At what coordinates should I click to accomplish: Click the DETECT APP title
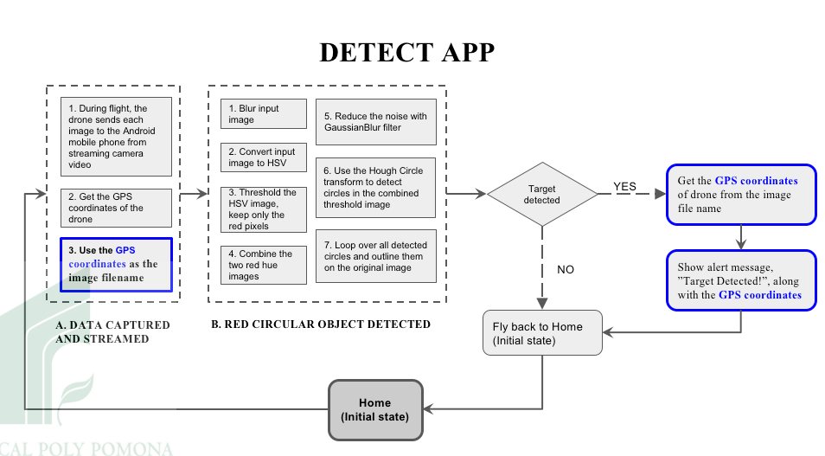pos(407,53)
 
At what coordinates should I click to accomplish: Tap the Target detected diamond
pos(542,194)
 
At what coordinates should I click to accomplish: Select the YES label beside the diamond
pos(624,187)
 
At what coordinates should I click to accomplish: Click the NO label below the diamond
pos(566,269)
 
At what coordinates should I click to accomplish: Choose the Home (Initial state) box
pos(375,409)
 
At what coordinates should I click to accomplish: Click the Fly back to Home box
pos(542,332)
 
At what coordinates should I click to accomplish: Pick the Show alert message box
pos(740,280)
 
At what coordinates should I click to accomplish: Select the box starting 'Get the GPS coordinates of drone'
pos(740,194)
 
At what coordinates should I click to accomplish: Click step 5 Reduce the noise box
pos(374,122)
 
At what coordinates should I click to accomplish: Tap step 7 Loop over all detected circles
pos(374,256)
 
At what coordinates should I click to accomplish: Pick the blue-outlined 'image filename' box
pos(115,264)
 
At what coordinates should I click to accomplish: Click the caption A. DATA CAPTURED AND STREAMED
pos(112,331)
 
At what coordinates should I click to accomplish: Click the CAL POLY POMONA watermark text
pos(86,449)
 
